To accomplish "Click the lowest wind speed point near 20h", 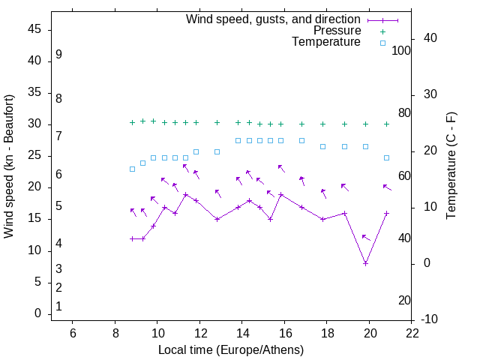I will (365, 263).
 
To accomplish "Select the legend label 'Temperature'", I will (325, 43).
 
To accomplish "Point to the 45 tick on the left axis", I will (34, 29).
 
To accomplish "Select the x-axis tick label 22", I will (412, 332).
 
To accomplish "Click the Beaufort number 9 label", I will (58, 55).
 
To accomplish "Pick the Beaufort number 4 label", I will (58, 244).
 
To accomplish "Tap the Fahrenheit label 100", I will (401, 50).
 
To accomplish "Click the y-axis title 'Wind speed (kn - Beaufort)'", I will (9, 166).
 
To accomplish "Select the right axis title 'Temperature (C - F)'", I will (451, 166).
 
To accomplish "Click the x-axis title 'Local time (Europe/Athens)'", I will (231, 349).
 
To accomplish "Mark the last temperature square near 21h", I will (386, 157).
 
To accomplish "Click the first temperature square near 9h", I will (132, 169).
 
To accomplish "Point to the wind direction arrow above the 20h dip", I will (366, 238).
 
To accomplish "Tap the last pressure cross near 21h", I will (386, 124).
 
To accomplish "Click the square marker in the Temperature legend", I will (382, 43).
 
